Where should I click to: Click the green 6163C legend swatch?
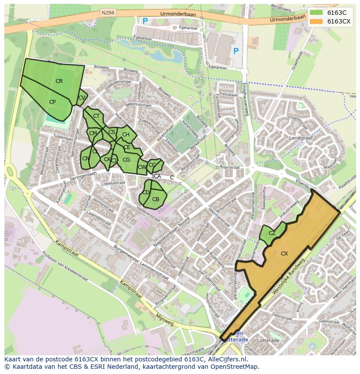(x=316, y=13)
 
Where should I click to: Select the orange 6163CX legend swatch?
(x=316, y=21)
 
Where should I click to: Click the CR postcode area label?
(x=59, y=81)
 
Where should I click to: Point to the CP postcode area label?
(x=52, y=102)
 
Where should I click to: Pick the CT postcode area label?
(x=96, y=116)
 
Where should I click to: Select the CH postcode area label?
(x=126, y=135)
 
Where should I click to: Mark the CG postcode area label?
(x=126, y=160)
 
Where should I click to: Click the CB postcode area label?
(x=156, y=199)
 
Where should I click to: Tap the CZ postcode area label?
(x=272, y=233)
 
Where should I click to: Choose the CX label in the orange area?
(x=284, y=254)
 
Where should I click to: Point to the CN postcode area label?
(x=85, y=159)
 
